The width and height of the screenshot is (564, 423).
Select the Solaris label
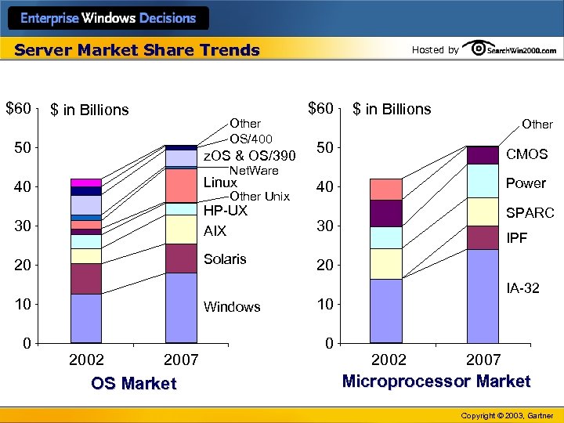[225, 259]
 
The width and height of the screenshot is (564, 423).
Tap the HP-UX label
[226, 211]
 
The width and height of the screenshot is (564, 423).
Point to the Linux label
[220, 183]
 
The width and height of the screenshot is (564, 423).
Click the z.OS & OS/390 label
[249, 156]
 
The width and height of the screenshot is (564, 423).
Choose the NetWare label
[253, 170]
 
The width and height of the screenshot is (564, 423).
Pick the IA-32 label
[522, 288]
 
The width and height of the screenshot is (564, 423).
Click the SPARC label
[530, 213]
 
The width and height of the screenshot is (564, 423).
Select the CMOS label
[526, 154]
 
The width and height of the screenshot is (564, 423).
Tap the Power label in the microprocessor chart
[526, 183]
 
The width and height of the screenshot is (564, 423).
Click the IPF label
[517, 237]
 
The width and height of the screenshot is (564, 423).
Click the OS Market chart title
[134, 384]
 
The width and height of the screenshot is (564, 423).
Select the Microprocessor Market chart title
[436, 381]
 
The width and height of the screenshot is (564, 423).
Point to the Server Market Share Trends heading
[137, 50]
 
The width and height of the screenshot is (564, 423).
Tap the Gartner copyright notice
[507, 415]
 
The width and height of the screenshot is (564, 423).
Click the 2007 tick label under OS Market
[180, 360]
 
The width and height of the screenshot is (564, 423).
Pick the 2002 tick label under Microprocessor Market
[389, 360]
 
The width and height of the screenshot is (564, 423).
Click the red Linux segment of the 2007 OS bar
[181, 186]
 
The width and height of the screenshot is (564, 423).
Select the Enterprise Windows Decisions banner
[108, 18]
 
